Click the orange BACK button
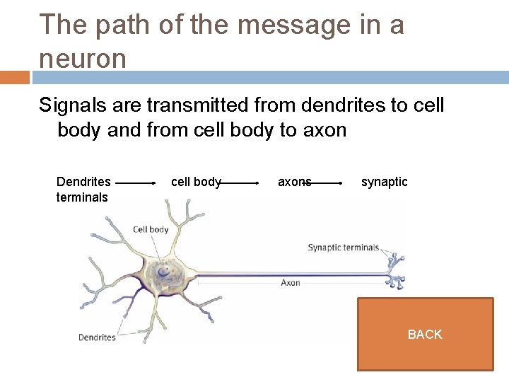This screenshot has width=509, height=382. coord(425,334)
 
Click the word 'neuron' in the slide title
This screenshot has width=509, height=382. coord(83,58)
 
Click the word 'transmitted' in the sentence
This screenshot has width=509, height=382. coord(203,105)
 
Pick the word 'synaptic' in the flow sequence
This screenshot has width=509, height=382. coord(384,182)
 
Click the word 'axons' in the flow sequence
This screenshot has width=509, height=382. coord(294,182)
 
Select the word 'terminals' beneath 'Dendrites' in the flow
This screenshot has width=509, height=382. coord(82,197)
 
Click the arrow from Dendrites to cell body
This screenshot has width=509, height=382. coord(136,183)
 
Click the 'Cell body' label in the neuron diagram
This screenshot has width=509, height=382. coord(151,229)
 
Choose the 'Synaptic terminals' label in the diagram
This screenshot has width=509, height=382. coord(343,248)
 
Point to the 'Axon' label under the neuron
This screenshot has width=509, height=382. coord(291,283)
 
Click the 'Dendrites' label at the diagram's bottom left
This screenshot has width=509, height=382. coord(97,337)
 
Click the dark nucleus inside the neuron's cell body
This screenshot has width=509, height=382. coord(164,270)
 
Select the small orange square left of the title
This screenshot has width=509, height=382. coord(15,77)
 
